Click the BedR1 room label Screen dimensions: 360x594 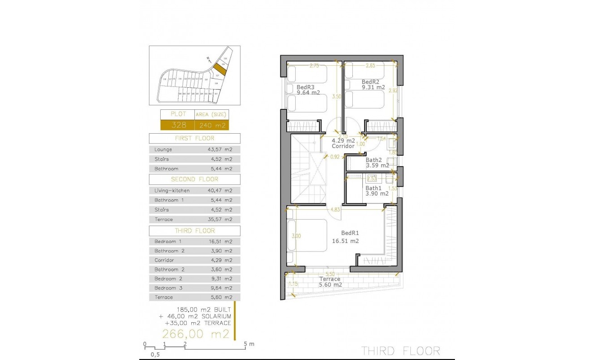pos(350,233)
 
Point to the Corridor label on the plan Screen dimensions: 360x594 pos(343,146)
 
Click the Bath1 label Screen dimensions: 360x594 pos(373,188)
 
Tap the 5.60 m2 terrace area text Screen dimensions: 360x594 pos(330,285)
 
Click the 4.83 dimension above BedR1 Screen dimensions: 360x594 pos(335,209)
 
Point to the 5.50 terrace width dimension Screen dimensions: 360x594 pos(330,274)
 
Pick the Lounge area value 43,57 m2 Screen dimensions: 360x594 pos(220,149)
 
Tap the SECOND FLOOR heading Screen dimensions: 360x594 pos(195,179)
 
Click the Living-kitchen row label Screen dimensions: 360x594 pos(172,191)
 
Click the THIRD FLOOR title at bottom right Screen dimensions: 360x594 pos(400,351)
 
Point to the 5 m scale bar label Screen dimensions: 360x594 pos(249,344)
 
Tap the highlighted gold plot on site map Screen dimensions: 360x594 pos(219,69)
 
